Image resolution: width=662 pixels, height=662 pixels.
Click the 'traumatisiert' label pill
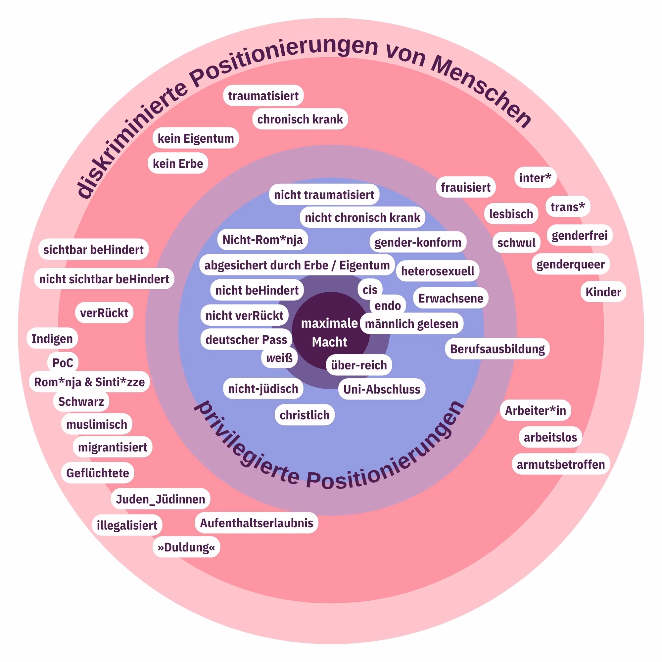tap(263, 96)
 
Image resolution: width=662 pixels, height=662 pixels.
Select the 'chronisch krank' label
tap(300, 119)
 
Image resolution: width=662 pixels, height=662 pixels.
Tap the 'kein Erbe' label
tap(178, 164)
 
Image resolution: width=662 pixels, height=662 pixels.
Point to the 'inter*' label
tap(535, 177)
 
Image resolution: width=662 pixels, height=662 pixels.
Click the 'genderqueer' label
tap(571, 264)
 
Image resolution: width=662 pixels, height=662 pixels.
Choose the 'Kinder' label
tap(603, 292)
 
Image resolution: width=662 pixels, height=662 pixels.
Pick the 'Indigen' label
tap(52, 339)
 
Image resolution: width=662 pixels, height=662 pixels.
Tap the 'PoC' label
tap(63, 362)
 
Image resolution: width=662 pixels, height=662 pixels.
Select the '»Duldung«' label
tap(186, 547)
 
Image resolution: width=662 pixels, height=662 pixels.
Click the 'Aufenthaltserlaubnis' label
tap(256, 523)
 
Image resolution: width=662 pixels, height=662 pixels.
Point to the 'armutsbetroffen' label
tap(561, 464)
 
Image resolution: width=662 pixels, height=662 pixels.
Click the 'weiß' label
tap(279, 358)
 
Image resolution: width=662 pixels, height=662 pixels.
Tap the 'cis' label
tap(370, 290)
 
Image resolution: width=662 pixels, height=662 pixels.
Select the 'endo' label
tap(388, 305)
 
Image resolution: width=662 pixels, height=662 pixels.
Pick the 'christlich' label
tap(304, 415)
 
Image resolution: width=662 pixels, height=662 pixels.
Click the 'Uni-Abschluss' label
tap(382, 389)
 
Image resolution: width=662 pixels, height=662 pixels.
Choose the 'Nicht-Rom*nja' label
tap(262, 240)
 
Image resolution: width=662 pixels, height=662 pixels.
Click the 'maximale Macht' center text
tap(329, 332)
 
